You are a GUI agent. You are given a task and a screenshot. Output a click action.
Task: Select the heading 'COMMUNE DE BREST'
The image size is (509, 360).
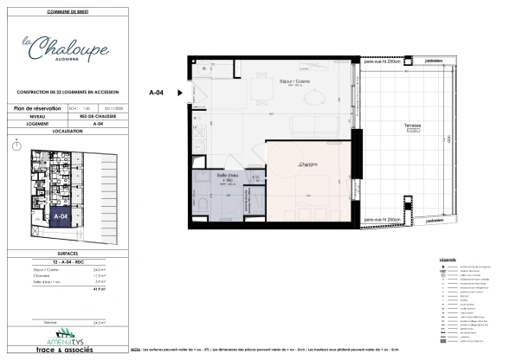coord(68,10)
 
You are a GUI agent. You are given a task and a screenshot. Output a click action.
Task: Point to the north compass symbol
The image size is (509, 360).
coord(16,147)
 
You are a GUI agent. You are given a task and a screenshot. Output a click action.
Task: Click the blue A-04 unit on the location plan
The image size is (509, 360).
coord(61,215)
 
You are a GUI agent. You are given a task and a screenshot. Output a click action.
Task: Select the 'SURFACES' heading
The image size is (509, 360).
coord(68,254)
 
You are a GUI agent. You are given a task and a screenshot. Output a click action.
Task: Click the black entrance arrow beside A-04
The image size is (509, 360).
coord(180,91)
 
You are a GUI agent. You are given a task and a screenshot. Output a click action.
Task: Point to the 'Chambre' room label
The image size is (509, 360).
coord(307,164)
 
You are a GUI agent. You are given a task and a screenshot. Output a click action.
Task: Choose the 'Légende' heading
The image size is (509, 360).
coord(448,260)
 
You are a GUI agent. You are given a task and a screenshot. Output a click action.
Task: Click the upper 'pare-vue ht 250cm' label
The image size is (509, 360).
coord(383,62)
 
